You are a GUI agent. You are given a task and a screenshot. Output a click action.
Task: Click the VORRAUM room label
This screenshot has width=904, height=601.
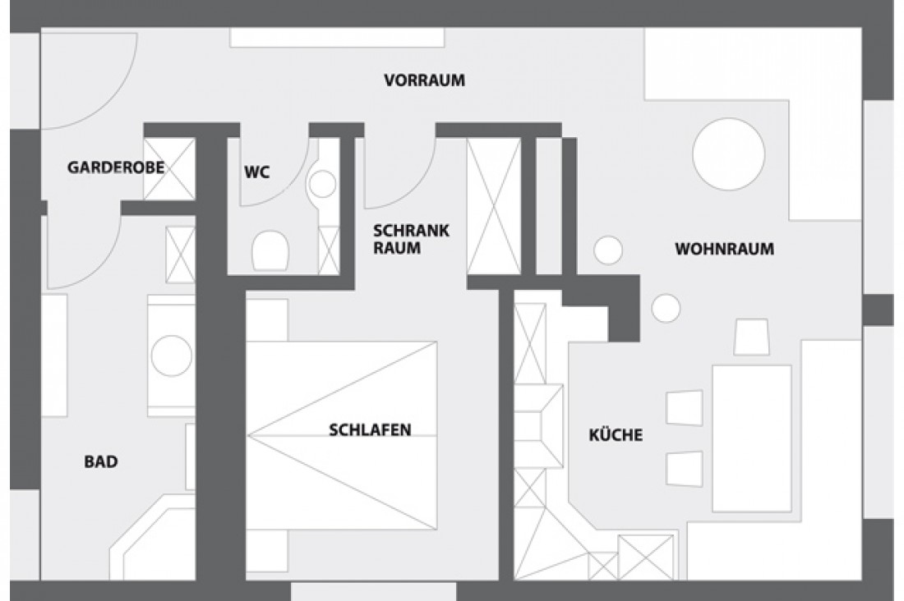(424, 80)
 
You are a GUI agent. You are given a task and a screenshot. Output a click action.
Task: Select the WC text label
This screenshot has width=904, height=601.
(257, 172)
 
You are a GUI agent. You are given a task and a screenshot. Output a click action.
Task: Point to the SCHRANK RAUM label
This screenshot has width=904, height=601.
(410, 238)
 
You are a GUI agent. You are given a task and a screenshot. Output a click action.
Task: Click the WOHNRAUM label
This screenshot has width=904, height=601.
(724, 249)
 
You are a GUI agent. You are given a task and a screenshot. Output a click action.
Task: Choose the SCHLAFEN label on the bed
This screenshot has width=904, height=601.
(370, 429)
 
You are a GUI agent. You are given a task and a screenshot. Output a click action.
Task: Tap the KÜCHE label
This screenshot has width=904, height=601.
(616, 434)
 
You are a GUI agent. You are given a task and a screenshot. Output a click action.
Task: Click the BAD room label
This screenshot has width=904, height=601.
(101, 461)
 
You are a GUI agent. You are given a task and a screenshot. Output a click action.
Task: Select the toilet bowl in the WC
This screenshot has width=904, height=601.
(270, 250)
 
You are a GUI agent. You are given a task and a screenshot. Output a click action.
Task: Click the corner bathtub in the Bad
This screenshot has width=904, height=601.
(152, 538)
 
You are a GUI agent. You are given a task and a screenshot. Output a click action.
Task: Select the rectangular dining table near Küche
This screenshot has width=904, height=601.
(751, 438)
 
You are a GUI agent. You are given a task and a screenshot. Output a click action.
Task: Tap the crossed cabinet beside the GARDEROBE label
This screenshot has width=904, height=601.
(170, 168)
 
